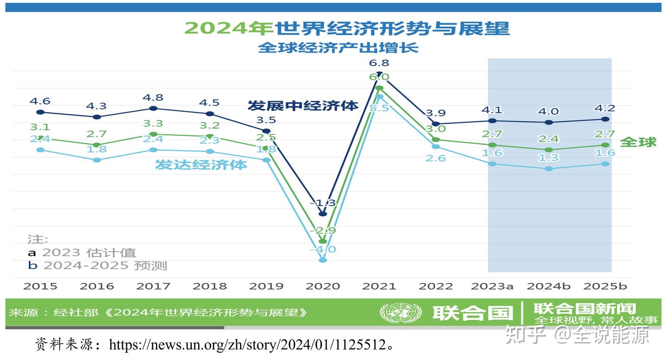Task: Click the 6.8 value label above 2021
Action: coord(379,63)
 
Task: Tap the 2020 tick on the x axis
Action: coord(323,286)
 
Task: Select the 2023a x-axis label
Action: coord(492,286)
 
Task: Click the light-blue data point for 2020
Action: coord(323,260)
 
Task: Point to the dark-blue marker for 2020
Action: coord(323,214)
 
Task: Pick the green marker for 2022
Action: coord(436,140)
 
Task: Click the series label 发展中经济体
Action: coord(303,105)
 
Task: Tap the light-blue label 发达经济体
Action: coord(201,165)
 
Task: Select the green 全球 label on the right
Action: coord(638,142)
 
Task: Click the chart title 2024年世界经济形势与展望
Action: coord(346,28)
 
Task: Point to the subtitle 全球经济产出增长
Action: coord(338,48)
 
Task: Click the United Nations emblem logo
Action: coord(401,313)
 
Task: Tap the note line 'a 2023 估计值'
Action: coord(82,252)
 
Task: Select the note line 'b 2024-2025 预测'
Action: coord(97,265)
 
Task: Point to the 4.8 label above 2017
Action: coord(154,98)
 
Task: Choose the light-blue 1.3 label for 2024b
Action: coord(549,158)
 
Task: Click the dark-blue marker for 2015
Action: coord(40,112)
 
